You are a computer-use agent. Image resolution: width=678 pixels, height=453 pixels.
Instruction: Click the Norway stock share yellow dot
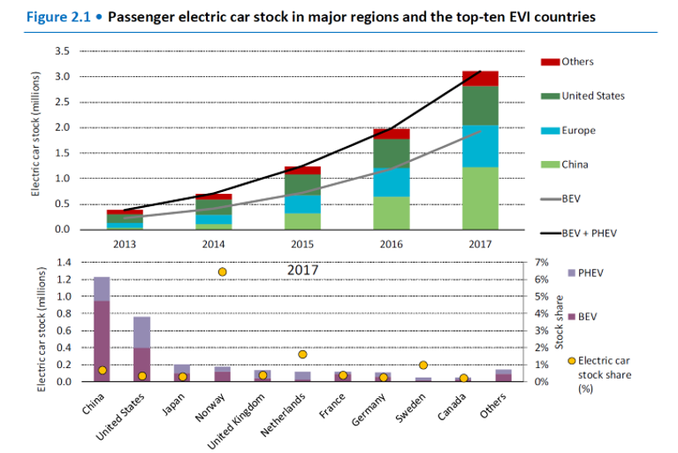222,272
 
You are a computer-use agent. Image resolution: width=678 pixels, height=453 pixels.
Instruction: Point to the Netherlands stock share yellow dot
303,354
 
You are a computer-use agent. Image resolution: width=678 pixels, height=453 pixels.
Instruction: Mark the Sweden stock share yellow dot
423,365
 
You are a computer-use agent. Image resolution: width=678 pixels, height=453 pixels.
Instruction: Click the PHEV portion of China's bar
102,288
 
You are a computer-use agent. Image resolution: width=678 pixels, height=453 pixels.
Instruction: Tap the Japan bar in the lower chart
182,372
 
